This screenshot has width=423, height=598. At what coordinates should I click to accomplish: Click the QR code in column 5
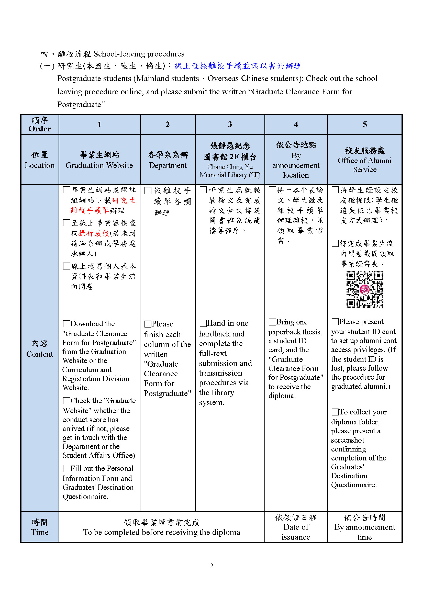coord(364,289)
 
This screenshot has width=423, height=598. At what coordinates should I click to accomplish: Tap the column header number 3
coord(230,124)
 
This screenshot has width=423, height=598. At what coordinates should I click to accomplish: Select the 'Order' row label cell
coord(40,125)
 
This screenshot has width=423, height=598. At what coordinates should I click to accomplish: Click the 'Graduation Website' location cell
coord(99,160)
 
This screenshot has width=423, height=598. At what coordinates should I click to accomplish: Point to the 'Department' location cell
coord(168,160)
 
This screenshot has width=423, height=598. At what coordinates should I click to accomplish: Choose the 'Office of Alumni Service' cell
coord(364,160)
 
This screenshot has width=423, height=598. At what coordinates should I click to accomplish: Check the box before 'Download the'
coord(66,324)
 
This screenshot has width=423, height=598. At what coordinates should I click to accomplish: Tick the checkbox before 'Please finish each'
coord(148,324)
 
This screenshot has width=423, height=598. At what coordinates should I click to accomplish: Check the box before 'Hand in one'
coord(203,323)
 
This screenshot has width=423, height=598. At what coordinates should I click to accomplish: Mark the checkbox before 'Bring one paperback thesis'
coord(272,322)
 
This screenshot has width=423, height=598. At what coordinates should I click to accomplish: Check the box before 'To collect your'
coord(335,412)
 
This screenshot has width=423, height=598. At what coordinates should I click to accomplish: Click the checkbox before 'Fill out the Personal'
coord(66,469)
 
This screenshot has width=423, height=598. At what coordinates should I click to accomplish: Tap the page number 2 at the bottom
coord(211,566)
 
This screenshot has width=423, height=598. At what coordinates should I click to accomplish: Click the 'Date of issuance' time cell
coord(296,527)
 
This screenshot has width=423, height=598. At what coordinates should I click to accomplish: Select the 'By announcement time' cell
coord(364,527)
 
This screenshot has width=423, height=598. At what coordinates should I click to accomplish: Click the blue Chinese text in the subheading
coord(238,66)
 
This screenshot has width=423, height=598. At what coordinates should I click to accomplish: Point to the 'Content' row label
coord(40,349)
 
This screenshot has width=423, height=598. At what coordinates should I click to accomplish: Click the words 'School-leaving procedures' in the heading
coord(139,54)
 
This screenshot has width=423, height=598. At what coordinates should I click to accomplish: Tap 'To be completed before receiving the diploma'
coord(161,532)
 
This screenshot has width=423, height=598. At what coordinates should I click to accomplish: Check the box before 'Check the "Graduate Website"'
coord(66,401)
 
